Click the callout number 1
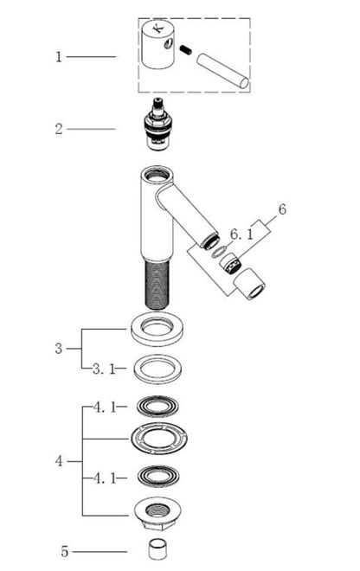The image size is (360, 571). coord(59,57)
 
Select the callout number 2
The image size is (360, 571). coord(59,129)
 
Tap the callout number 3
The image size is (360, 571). coord(59,349)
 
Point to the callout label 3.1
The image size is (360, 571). coord(104,369)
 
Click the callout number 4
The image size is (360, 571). coord(59,461)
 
